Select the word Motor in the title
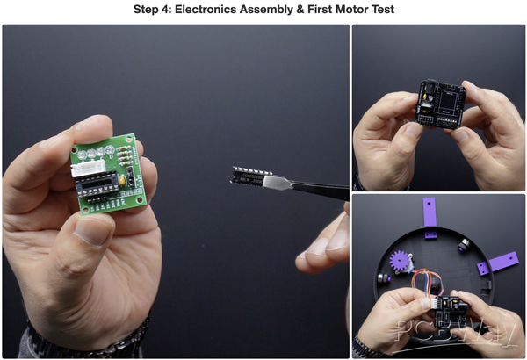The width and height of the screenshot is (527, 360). click(x=352, y=10)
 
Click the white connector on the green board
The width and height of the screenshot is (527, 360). click(x=89, y=167)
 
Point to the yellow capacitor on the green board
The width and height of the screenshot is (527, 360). click(x=123, y=181)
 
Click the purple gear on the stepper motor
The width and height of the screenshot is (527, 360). click(x=401, y=262)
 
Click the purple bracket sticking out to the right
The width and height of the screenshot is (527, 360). click(x=498, y=263)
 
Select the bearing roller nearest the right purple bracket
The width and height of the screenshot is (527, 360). click(x=465, y=244)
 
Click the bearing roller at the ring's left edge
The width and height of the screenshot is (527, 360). click(x=383, y=278)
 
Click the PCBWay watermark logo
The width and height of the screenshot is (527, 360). click(x=456, y=335)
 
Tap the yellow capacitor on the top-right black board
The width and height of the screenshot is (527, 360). click(x=426, y=97)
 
